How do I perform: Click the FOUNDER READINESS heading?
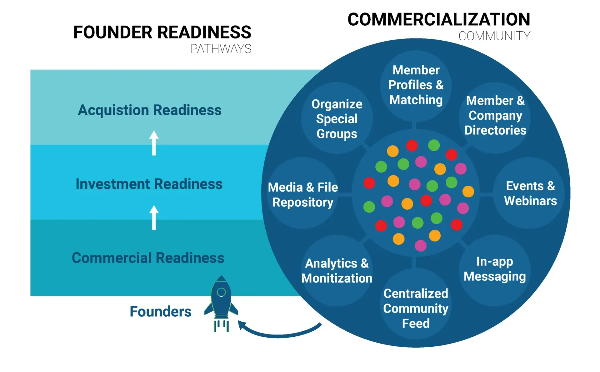(162, 33)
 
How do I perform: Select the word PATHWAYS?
(221, 49)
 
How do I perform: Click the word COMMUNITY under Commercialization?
(494, 36)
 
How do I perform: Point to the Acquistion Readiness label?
(149, 110)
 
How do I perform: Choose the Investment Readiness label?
(149, 184)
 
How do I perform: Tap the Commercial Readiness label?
(148, 258)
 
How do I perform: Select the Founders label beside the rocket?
(160, 311)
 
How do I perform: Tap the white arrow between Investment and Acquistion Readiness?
(154, 143)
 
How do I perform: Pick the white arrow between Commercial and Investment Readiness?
(154, 218)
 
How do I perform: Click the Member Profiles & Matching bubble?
(416, 85)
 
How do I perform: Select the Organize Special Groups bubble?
(337, 118)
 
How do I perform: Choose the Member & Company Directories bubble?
(495, 116)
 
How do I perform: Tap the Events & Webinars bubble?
(530, 193)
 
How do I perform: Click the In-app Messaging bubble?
(494, 269)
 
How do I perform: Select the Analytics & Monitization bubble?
(337, 271)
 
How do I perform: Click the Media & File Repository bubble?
(303, 194)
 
